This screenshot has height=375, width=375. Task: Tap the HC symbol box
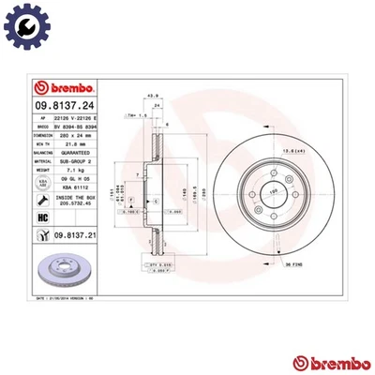41,217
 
